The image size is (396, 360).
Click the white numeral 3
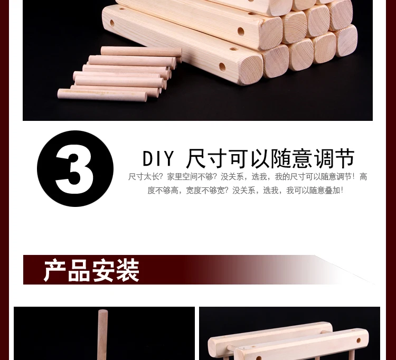75,168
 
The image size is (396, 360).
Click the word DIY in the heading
158,158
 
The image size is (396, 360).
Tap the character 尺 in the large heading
195,158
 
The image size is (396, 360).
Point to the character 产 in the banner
55,270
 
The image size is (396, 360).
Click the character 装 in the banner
128,270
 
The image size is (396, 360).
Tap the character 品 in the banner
79,270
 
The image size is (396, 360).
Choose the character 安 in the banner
103,270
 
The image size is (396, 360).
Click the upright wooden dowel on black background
103,335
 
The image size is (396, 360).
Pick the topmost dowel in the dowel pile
141,52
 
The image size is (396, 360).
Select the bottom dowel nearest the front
102,95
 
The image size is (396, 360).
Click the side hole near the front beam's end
222,67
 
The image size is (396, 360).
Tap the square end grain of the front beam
251,70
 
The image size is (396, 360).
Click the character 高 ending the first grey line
363,177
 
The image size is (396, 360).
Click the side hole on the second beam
241,32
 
